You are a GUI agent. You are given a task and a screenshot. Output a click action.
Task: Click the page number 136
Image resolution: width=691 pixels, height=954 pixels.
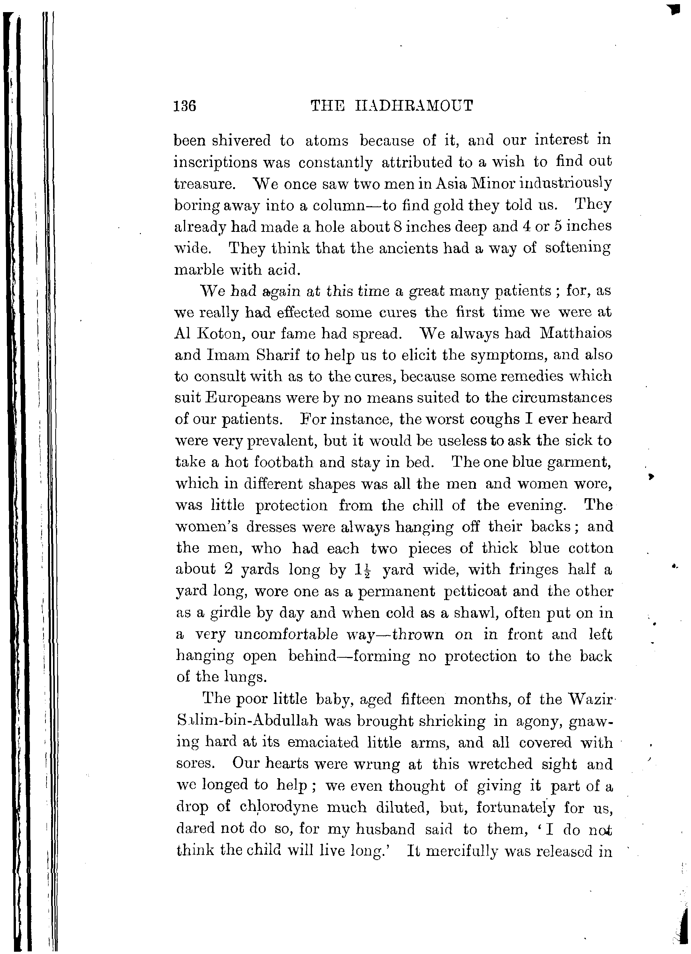click(x=185, y=106)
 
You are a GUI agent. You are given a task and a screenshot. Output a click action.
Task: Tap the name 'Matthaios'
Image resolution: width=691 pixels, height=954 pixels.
click(x=576, y=333)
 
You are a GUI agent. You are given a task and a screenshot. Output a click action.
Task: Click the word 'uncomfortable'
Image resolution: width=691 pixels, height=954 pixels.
click(x=286, y=634)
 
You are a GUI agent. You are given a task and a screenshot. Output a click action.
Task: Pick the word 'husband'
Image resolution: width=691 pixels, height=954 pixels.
click(x=385, y=829)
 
